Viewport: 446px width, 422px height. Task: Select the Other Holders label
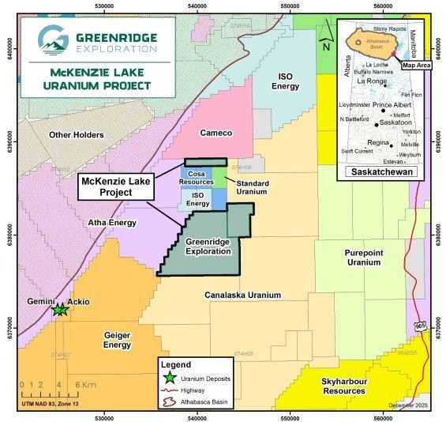coord(76,135)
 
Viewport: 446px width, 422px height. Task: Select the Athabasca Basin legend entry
coord(199,401)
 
